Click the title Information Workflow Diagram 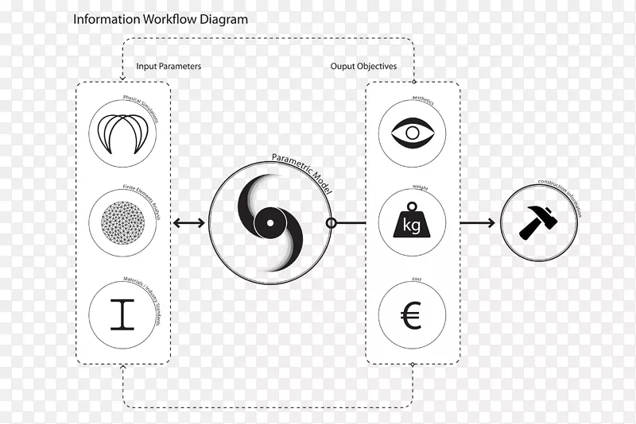click(x=161, y=19)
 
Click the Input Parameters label click(x=169, y=67)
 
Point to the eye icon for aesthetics click(x=413, y=134)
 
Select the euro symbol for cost click(x=412, y=316)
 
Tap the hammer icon click(x=538, y=223)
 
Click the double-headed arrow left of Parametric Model click(x=188, y=224)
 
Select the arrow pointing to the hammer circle click(x=477, y=224)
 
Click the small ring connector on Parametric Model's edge click(x=331, y=223)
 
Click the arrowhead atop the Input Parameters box click(x=122, y=78)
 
